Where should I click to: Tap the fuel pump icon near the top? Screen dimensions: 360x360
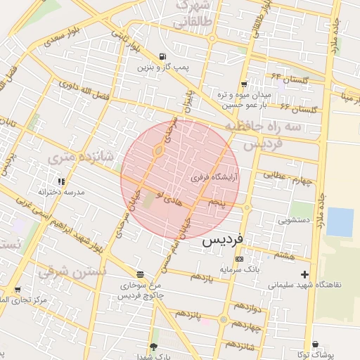coord(163,57)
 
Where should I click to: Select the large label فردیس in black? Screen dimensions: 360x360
coord(222,240)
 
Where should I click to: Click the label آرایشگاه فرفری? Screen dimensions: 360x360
coord(215,179)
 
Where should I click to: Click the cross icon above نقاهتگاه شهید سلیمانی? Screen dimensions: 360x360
coord(304,274)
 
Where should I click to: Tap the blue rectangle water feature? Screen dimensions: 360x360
coord(340,221)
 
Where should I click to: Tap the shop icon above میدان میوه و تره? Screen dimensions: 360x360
coord(244,83)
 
